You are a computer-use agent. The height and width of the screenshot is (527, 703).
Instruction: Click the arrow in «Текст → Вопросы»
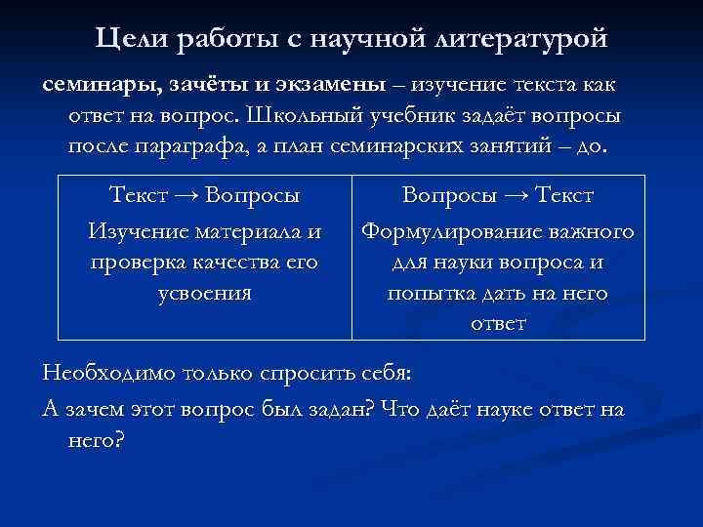185,195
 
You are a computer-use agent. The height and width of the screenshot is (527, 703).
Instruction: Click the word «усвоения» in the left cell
204,292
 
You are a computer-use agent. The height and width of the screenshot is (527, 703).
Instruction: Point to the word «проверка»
140,262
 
